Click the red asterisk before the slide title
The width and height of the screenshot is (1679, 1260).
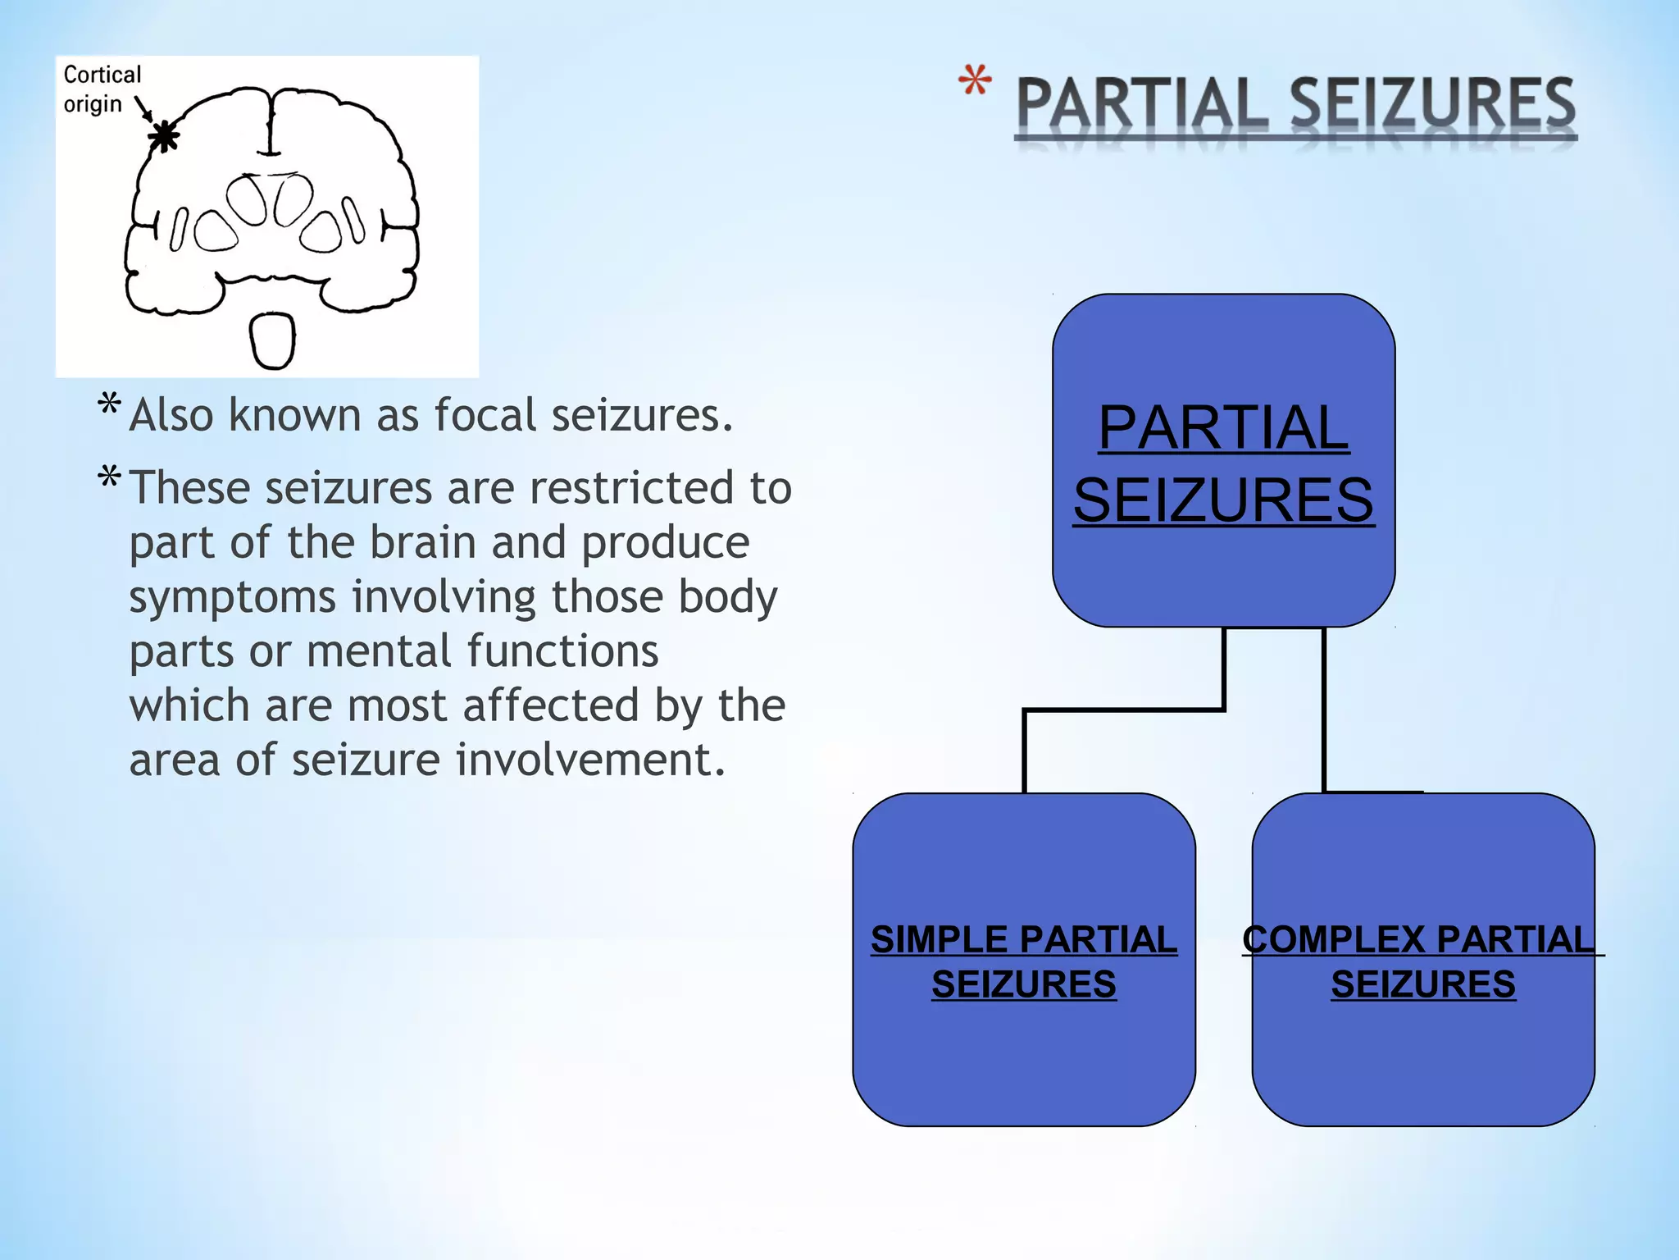[975, 82]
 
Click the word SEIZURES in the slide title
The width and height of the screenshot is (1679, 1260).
[1433, 105]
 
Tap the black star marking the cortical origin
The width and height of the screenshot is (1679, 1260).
[165, 136]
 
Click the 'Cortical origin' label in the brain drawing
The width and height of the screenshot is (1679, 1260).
[102, 89]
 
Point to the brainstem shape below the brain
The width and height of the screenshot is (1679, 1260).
[272, 340]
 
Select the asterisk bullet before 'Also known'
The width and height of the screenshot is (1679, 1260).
[109, 404]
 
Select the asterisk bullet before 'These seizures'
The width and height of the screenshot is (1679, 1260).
[109, 477]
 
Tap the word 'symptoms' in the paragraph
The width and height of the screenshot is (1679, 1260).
[232, 597]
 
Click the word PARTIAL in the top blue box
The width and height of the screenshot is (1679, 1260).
[1223, 428]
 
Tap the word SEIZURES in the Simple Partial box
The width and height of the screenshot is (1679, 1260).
[1024, 984]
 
